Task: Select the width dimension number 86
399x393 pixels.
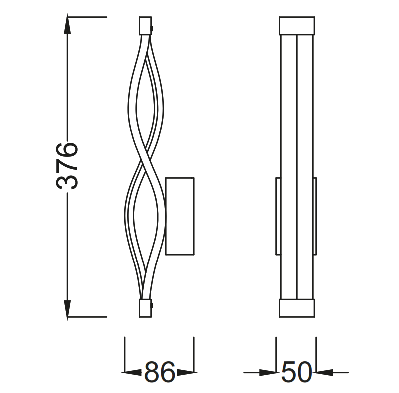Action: coord(160,372)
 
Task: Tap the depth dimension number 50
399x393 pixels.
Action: coord(296,372)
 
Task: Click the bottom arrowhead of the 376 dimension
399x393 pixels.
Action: coord(68,309)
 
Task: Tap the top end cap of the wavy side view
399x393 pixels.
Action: coord(144,25)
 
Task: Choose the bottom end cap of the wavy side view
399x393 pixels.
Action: coord(144,308)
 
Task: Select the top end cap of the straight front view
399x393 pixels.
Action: coord(297,25)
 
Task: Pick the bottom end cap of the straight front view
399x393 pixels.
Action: coord(297,308)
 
